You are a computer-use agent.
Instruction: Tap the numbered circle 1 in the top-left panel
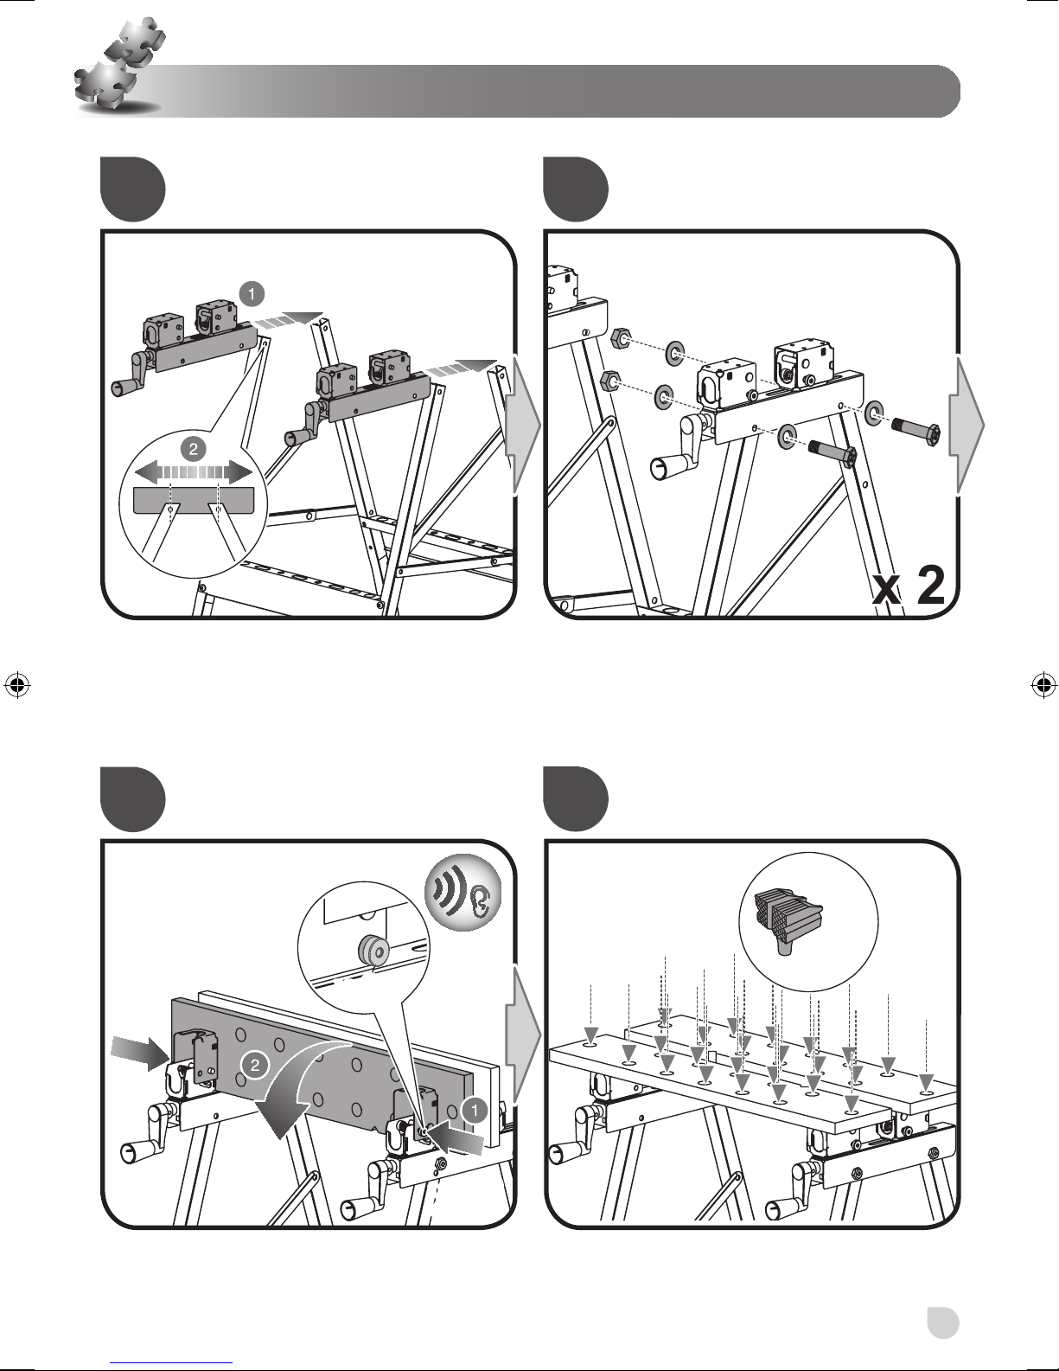[252, 294]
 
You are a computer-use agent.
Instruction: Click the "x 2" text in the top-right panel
[908, 587]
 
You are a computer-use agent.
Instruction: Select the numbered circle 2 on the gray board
[255, 1066]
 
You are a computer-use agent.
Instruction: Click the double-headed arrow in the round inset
[194, 473]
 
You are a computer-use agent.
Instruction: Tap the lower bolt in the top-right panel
[831, 451]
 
